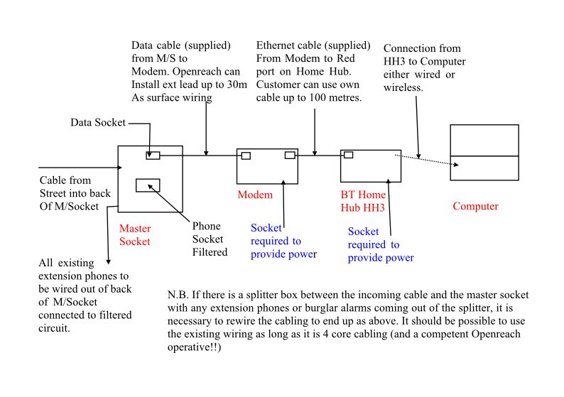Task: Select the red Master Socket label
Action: tap(134, 235)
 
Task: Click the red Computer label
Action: tap(475, 207)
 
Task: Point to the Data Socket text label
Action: tap(97, 123)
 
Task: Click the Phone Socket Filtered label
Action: tap(210, 239)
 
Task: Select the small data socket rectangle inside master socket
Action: tap(153, 155)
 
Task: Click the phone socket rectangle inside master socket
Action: tap(148, 185)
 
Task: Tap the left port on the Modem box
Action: tap(245, 156)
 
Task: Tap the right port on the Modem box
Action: tap(290, 156)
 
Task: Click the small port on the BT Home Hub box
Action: tap(348, 155)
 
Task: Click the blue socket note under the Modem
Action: tap(283, 241)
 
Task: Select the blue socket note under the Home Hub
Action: tap(380, 244)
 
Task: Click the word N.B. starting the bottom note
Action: tap(178, 294)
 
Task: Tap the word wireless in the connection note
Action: tap(403, 87)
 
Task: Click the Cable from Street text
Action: tap(65, 180)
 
